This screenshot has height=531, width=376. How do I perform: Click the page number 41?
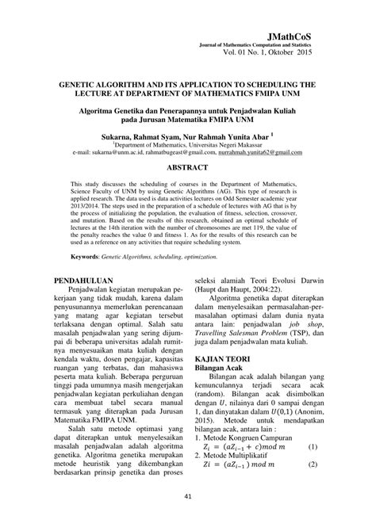[188, 497]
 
